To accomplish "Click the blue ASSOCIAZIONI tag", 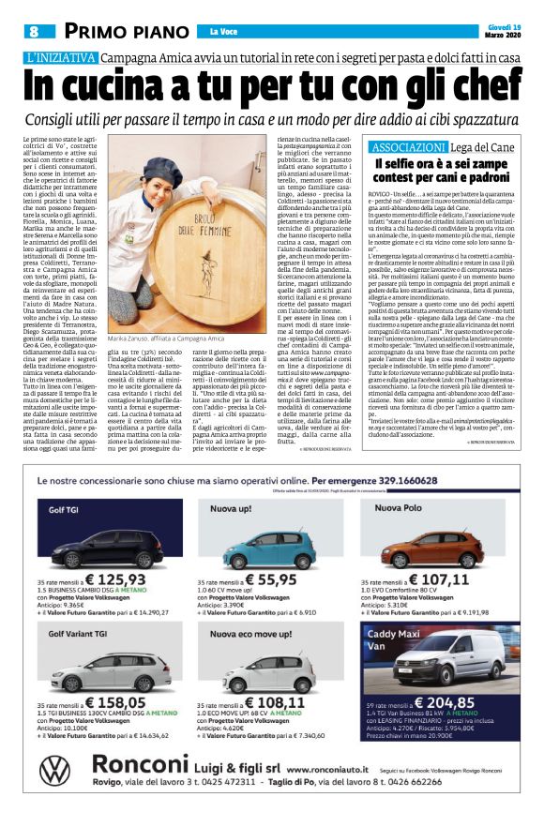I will click(408, 148).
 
